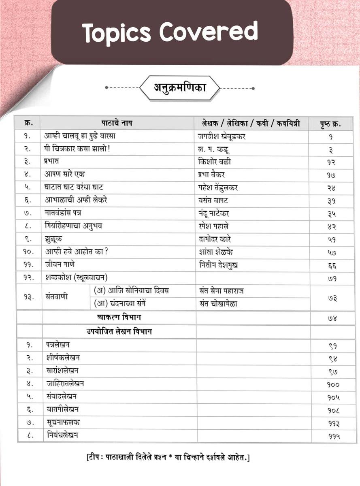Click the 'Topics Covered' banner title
[x=170, y=32]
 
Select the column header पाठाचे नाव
[x=117, y=123]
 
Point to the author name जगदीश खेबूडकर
[x=222, y=136]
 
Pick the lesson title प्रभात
[x=52, y=162]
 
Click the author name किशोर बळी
[x=215, y=162]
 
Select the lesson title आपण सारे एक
[x=65, y=175]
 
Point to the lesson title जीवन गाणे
[x=60, y=264]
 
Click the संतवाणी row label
[x=57, y=296]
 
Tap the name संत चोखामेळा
[x=218, y=303]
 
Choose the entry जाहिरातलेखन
[x=65, y=383]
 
